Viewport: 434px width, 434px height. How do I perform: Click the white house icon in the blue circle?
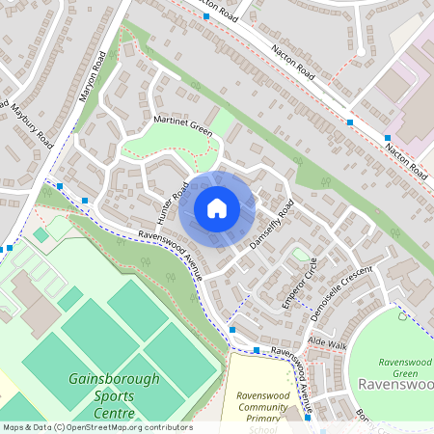[x=217, y=207]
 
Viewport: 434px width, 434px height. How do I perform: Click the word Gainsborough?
[x=114, y=379]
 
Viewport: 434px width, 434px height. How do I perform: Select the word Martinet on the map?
[x=167, y=119]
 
